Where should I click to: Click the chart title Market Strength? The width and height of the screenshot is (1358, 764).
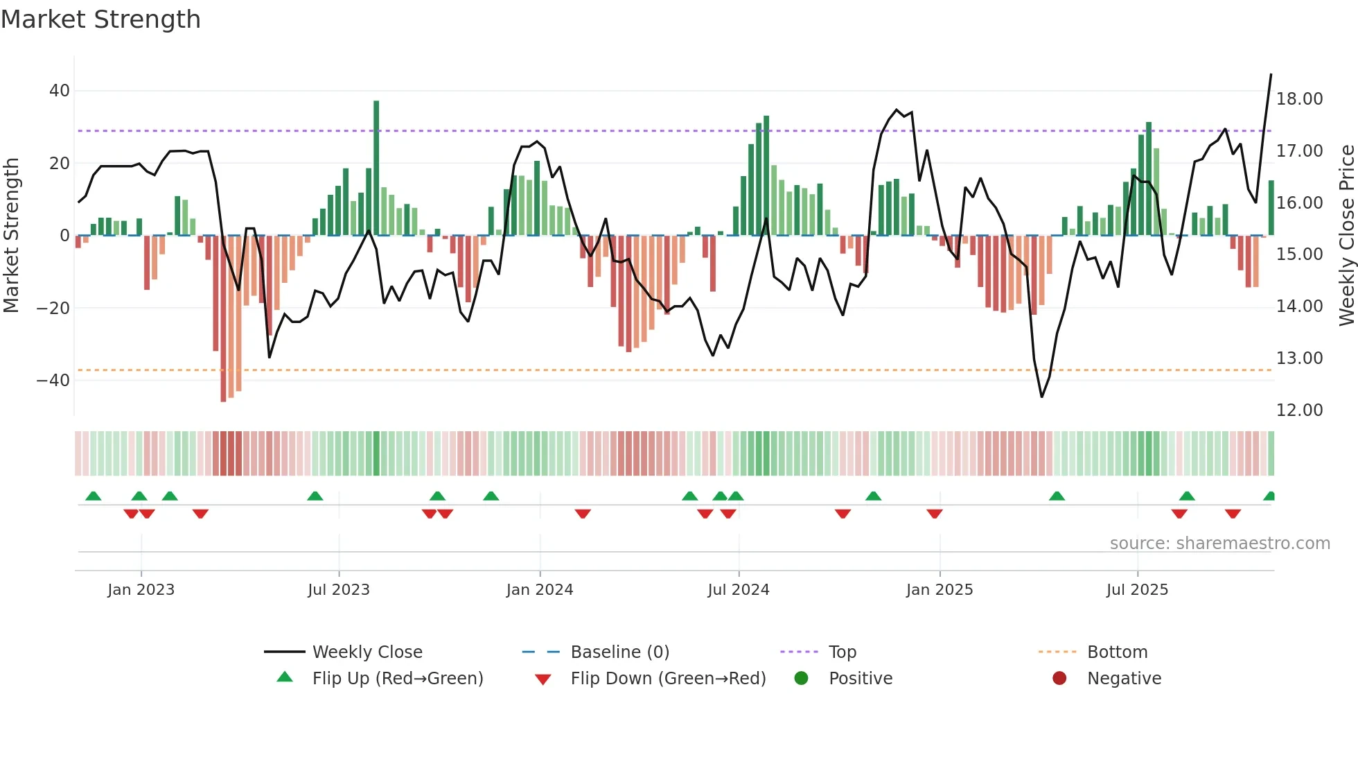pyautogui.click(x=100, y=19)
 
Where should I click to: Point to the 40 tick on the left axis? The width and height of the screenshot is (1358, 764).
pyautogui.click(x=60, y=91)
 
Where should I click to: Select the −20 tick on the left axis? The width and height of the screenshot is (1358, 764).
pyautogui.click(x=53, y=308)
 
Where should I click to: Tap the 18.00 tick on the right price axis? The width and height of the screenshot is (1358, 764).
pyautogui.click(x=1299, y=99)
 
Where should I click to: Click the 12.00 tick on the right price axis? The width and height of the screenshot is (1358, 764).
pyautogui.click(x=1299, y=410)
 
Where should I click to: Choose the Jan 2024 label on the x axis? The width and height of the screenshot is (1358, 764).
pyautogui.click(x=540, y=590)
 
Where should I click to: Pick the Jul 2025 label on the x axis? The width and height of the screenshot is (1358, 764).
pyautogui.click(x=1137, y=590)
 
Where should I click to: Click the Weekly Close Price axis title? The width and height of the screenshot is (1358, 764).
pyautogui.click(x=1346, y=236)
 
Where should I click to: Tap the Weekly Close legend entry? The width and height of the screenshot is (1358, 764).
pyautogui.click(x=367, y=652)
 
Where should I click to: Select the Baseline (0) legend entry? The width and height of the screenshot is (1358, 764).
pyautogui.click(x=619, y=652)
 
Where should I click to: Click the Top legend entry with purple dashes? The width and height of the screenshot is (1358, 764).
pyautogui.click(x=842, y=652)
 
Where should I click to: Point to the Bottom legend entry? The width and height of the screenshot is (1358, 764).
pyautogui.click(x=1117, y=652)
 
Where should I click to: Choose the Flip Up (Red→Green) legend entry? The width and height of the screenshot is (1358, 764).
pyautogui.click(x=397, y=679)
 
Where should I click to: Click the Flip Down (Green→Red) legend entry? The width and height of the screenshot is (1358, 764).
pyautogui.click(x=668, y=679)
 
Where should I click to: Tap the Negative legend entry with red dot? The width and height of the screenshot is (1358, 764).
pyautogui.click(x=1123, y=679)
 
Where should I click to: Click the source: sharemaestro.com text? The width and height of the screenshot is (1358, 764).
pyautogui.click(x=1219, y=544)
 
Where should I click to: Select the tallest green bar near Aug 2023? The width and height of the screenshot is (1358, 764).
pyautogui.click(x=376, y=166)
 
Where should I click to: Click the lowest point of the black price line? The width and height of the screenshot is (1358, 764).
pyautogui.click(x=1041, y=397)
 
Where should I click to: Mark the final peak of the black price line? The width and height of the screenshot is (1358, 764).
pyautogui.click(x=1271, y=74)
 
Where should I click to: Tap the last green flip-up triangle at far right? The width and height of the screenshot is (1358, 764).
pyautogui.click(x=1269, y=496)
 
